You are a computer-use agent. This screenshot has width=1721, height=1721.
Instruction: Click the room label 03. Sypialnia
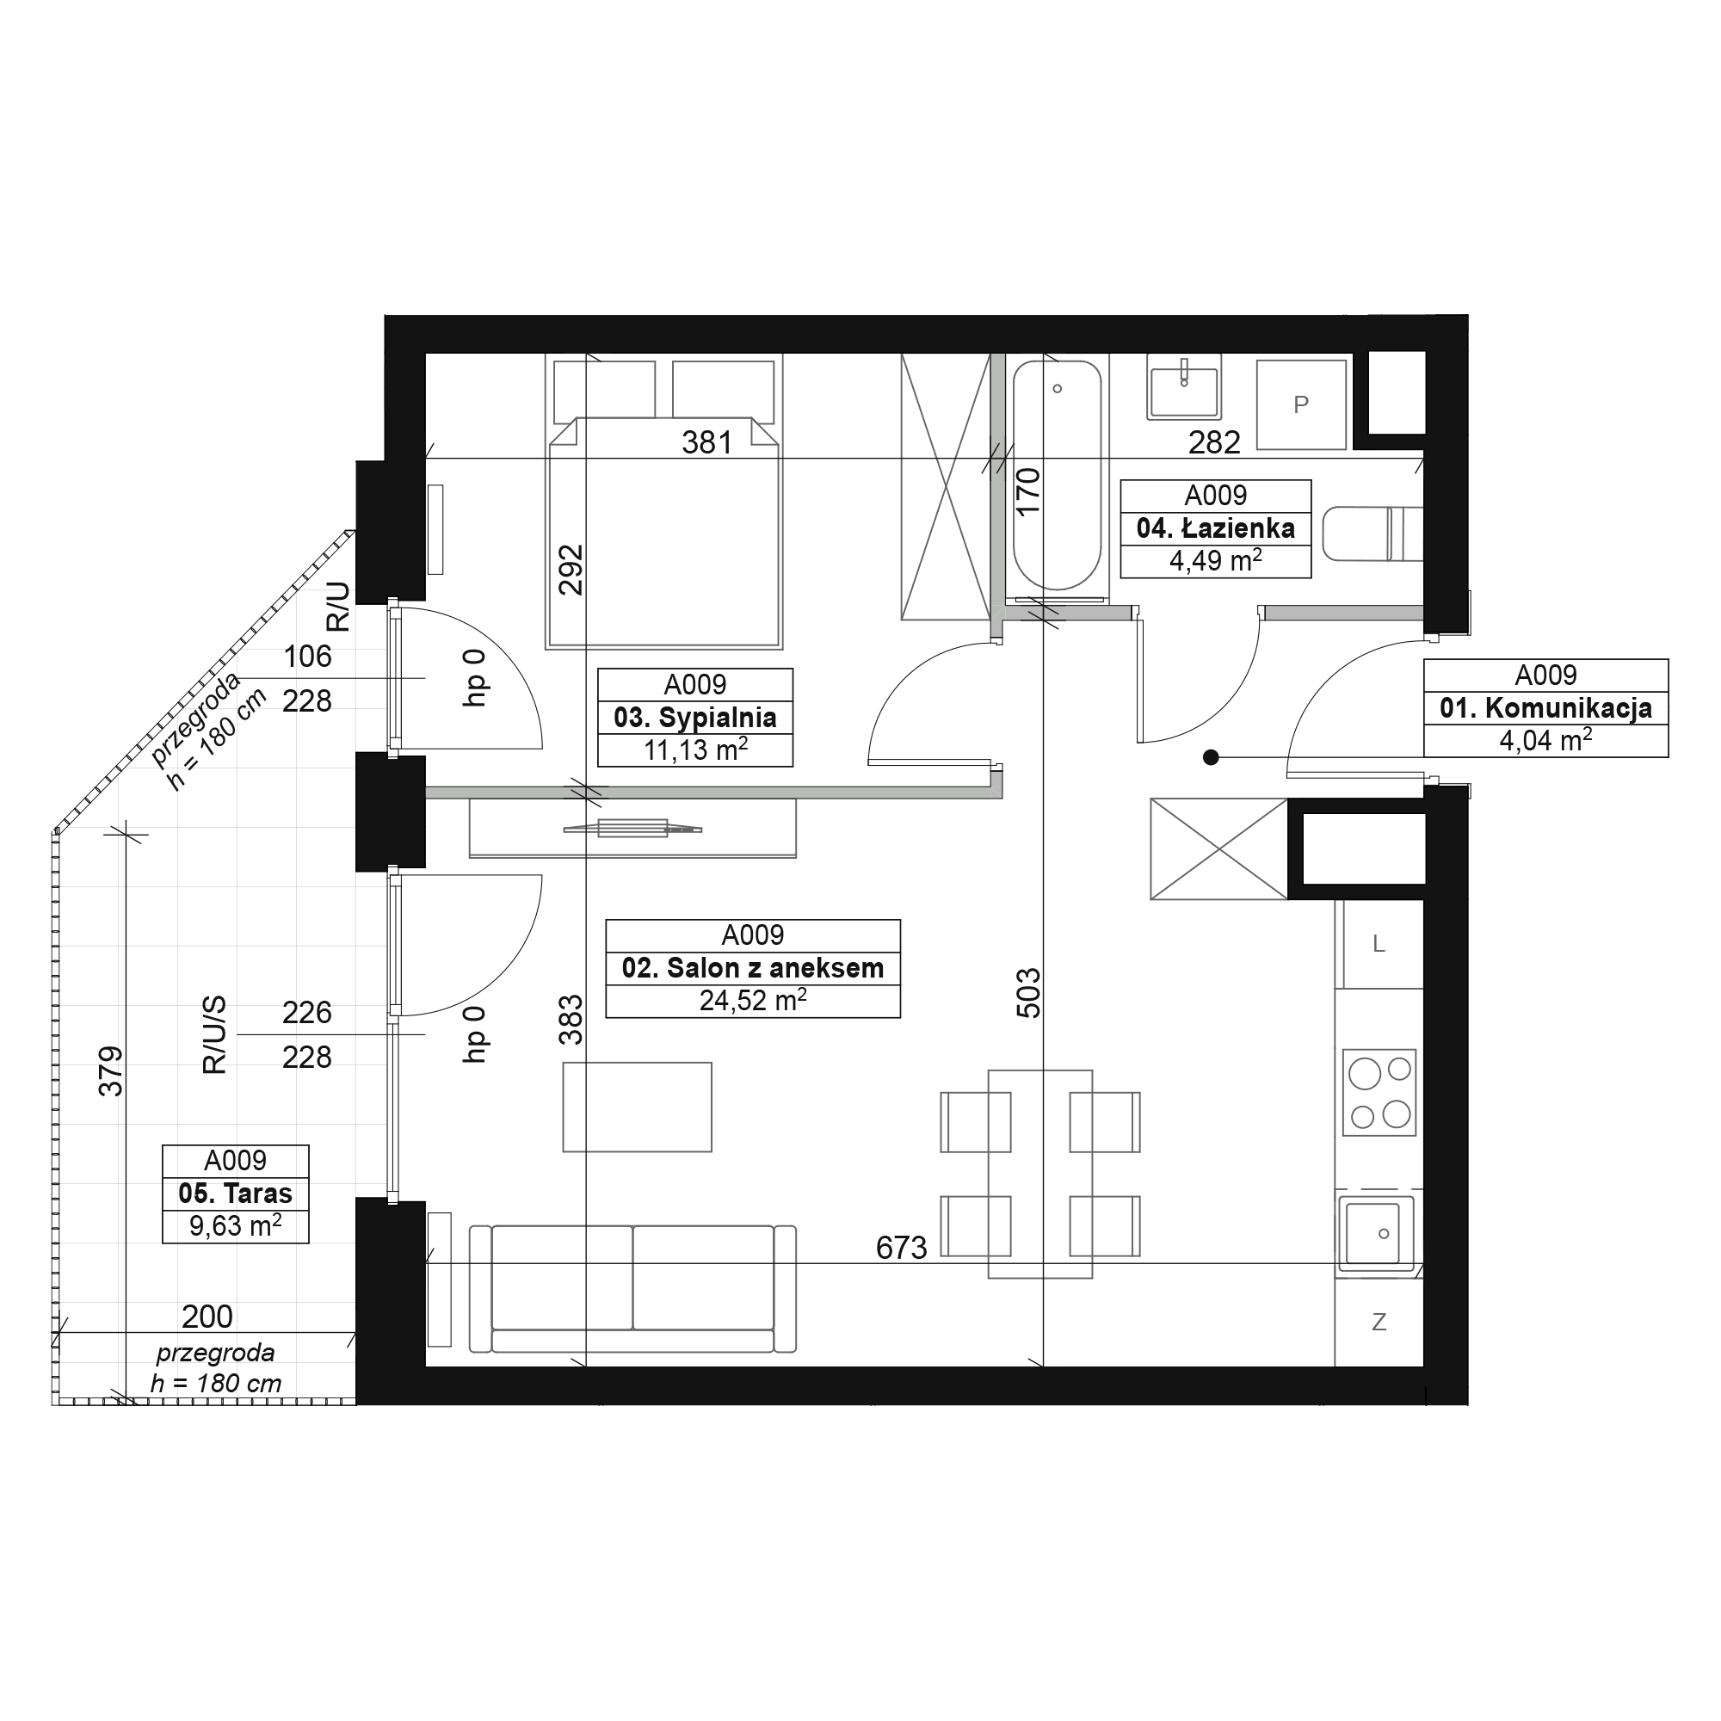coord(694,717)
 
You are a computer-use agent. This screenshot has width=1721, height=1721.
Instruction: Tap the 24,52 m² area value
coord(753,1001)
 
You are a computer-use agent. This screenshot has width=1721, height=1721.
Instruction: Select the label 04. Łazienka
coord(1215,528)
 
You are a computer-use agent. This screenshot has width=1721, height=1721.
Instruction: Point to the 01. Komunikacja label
coord(1545,708)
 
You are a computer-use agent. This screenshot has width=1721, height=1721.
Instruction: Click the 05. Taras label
coord(235,1194)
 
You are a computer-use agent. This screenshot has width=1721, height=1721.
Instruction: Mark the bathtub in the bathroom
coord(1058,475)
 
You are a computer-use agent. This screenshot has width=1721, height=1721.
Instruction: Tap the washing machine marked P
coord(1300,404)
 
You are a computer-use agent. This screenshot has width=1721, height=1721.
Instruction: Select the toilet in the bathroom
coord(1372,534)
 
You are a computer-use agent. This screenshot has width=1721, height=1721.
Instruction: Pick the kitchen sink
coord(1379,1234)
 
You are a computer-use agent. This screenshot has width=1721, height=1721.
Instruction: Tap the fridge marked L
coord(1379,944)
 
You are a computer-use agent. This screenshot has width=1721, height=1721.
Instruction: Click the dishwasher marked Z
coord(1379,1322)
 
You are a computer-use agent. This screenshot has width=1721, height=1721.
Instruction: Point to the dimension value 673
coord(902,1248)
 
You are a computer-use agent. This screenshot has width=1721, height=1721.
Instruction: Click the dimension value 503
coord(1028,993)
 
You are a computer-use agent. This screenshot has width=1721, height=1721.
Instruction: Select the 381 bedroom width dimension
coord(707,442)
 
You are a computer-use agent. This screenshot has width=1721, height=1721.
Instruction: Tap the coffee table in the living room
coord(637,1107)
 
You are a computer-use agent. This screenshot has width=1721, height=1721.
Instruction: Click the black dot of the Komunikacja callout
coord(1211,757)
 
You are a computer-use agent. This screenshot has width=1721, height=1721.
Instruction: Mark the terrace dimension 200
coord(207,1317)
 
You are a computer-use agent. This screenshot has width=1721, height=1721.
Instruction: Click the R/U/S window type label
coord(214,1035)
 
